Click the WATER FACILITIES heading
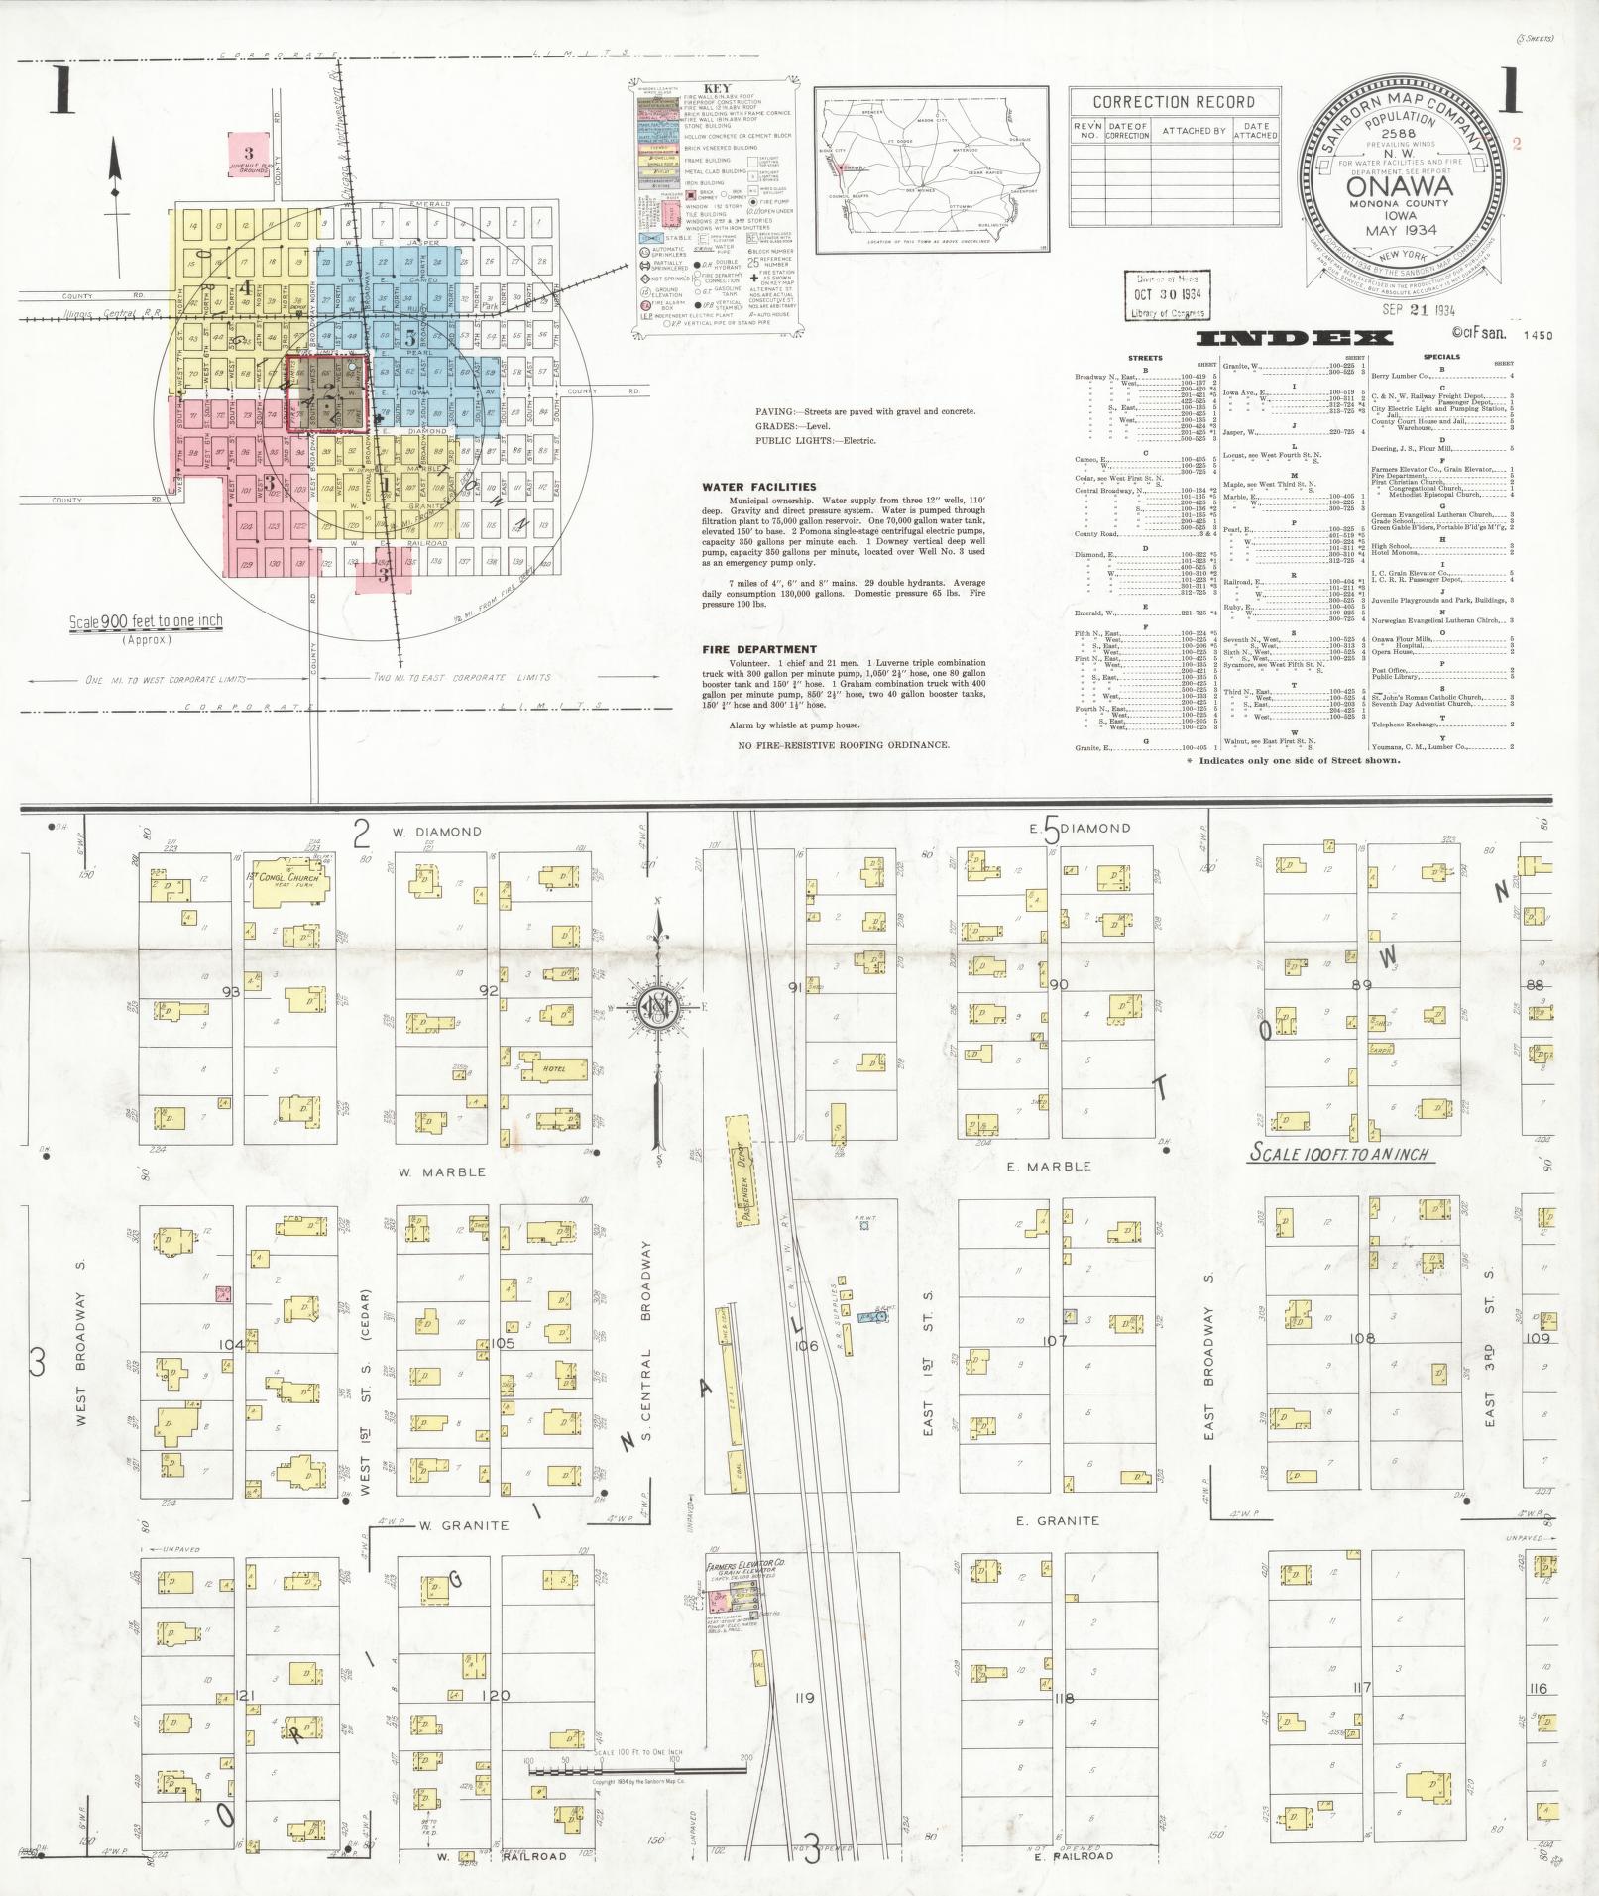tap(758, 488)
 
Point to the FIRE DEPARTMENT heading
tap(758, 650)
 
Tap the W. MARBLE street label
tap(442, 1171)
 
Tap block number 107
tap(1053, 1340)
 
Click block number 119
tap(804, 1698)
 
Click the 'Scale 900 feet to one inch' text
tap(146, 622)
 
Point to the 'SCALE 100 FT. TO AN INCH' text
tap(1342, 1154)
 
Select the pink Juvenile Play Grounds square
tap(249, 156)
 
